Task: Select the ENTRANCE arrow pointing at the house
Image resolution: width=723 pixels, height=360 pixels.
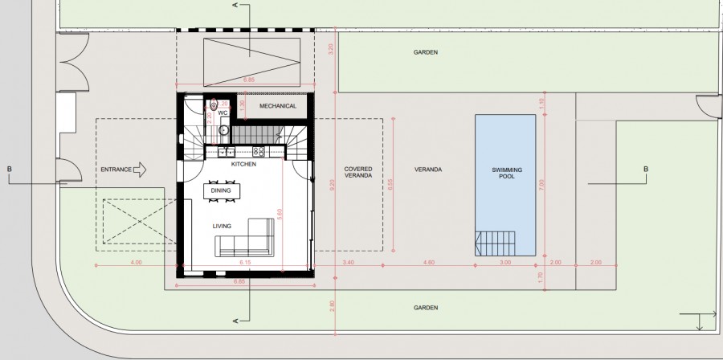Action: [x=141, y=170]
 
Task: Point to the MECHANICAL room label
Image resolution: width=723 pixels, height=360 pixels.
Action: [x=277, y=106]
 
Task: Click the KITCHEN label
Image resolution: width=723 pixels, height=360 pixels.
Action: [x=243, y=164]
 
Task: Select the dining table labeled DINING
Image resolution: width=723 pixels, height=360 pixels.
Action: [x=221, y=191]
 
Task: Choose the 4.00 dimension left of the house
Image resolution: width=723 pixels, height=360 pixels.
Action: [x=136, y=263]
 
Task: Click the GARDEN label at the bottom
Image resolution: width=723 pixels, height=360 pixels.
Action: [x=427, y=309]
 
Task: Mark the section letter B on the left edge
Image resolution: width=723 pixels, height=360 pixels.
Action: [x=10, y=170]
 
